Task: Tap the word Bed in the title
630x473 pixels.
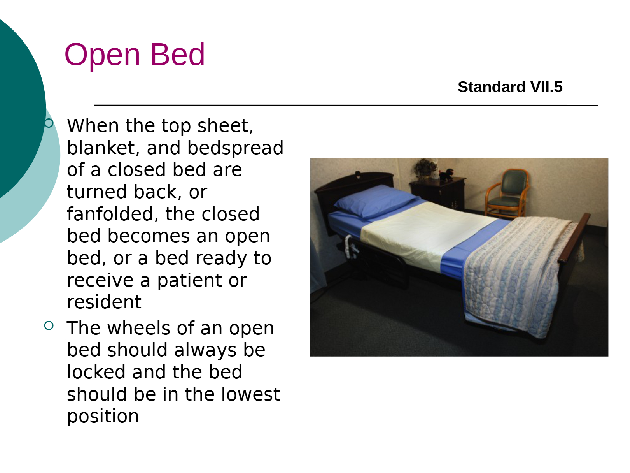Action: pyautogui.click(x=177, y=54)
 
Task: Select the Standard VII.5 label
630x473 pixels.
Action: pyautogui.click(x=510, y=87)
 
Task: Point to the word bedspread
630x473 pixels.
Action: pyautogui.click(x=235, y=148)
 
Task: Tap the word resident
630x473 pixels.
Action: pyautogui.click(x=104, y=302)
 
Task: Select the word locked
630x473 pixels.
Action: pyautogui.click(x=96, y=372)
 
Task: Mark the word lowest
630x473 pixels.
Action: pyautogui.click(x=250, y=394)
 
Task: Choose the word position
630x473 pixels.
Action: pyautogui.click(x=103, y=417)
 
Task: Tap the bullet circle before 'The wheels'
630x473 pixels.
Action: pyautogui.click(x=49, y=325)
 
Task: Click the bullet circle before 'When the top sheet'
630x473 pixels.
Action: pyautogui.click(x=49, y=123)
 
